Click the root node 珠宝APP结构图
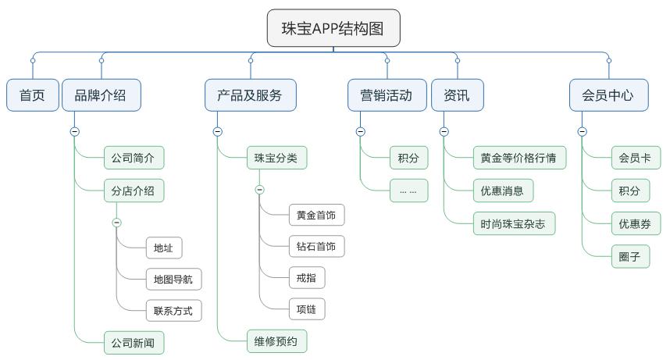click(333, 29)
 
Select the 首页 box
click(33, 95)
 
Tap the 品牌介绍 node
click(100, 95)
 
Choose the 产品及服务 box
click(250, 95)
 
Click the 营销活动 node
click(387, 95)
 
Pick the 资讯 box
click(457, 95)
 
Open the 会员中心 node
click(608, 95)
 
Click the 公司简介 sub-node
click(134, 158)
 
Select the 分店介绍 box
click(134, 191)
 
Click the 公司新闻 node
click(134, 343)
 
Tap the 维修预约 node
click(276, 340)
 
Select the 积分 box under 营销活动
click(408, 158)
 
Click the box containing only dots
click(408, 191)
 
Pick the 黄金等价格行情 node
click(519, 158)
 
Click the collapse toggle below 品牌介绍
click(75, 131)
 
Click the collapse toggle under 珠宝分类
click(260, 190)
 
